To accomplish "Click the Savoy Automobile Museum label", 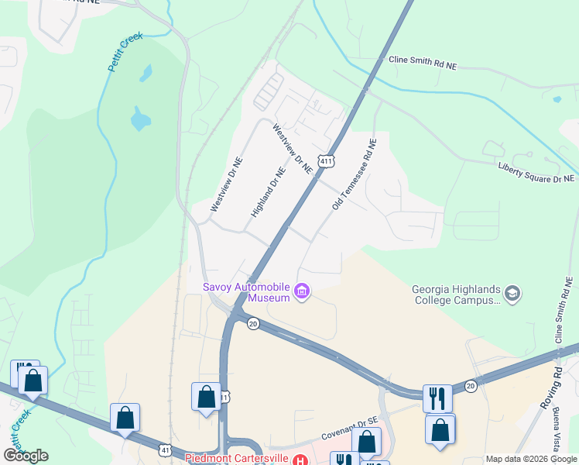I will (246, 291).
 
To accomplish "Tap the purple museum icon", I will (302, 292).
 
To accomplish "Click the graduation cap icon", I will (512, 294).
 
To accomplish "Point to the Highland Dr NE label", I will (269, 192).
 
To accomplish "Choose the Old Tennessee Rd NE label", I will (354, 174).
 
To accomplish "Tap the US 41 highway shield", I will (165, 449).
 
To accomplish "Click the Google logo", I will (26, 455).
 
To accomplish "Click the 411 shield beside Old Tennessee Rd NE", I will (327, 161).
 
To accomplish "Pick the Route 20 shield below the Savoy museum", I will (252, 323).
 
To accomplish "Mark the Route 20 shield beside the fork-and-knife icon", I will (470, 386).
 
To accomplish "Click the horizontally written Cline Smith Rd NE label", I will (423, 63).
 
